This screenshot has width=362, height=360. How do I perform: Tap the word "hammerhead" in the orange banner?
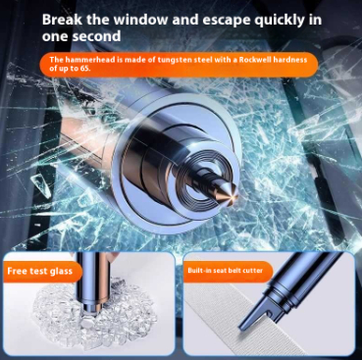tap(83, 60)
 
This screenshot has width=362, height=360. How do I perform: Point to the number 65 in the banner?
tap(84, 69)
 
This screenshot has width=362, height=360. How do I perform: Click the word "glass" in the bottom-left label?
tap(61, 272)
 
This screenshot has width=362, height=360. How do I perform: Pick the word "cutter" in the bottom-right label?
tap(255, 271)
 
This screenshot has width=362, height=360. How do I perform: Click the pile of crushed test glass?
tap(95, 311)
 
